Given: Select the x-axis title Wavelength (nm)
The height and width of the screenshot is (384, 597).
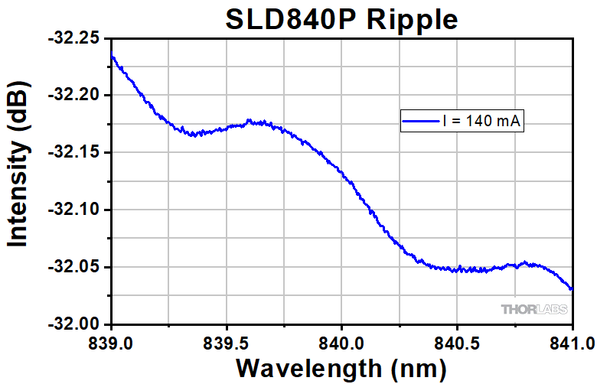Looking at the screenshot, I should click(x=341, y=367).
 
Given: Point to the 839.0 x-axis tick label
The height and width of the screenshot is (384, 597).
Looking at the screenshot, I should click(x=112, y=340).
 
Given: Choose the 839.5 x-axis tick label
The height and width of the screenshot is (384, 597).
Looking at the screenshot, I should click(x=227, y=340).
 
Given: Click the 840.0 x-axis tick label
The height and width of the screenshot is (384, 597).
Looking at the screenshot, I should click(x=341, y=340).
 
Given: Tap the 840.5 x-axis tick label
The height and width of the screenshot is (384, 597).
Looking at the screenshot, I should click(x=456, y=340).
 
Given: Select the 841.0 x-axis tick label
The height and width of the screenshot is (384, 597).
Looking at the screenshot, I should click(x=572, y=340).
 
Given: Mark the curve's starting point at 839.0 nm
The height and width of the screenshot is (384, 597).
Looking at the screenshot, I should click(x=112, y=56).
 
